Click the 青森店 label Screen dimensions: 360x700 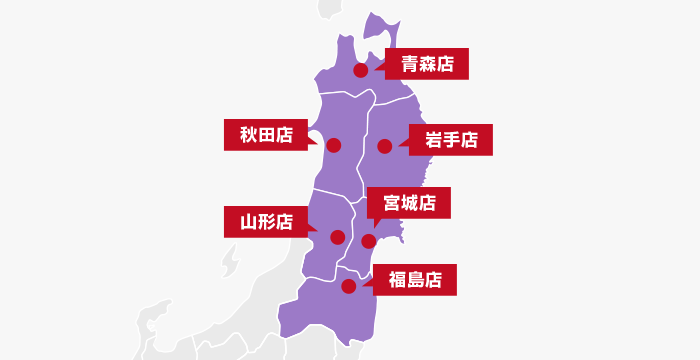pyautogui.click(x=427, y=65)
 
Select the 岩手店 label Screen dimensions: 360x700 pyautogui.click(x=451, y=141)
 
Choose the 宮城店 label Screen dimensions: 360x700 pyautogui.click(x=409, y=203)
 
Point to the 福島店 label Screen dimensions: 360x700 pyautogui.click(x=414, y=280)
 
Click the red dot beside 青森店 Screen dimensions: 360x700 pyautogui.click(x=361, y=71)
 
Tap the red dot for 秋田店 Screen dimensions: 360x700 pyautogui.click(x=334, y=146)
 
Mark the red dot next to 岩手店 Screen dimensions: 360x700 pyautogui.click(x=384, y=147)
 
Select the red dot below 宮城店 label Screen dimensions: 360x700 pyautogui.click(x=368, y=241)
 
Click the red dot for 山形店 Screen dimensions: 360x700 pyautogui.click(x=338, y=237)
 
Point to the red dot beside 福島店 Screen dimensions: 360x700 pyautogui.click(x=348, y=286)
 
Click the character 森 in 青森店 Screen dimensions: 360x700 pyautogui.click(x=427, y=65)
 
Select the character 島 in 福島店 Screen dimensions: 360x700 pyautogui.click(x=414, y=280)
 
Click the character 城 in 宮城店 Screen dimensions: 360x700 pyautogui.click(x=409, y=203)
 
